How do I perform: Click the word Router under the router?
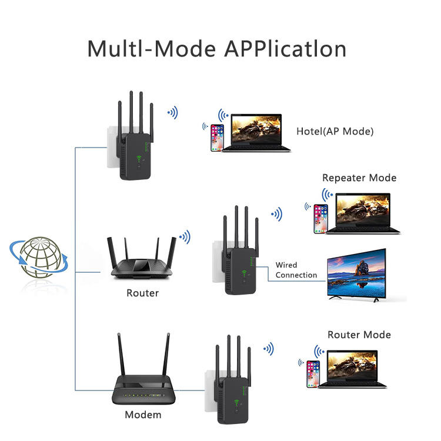coord(142,292)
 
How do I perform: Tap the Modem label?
coord(142,415)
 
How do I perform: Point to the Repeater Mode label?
coord(359,178)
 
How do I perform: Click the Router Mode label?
coord(359,335)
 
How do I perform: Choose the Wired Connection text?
coord(296,270)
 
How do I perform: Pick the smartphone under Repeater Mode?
coord(320,219)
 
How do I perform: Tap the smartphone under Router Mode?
coord(313,374)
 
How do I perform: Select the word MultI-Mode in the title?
coord(152,48)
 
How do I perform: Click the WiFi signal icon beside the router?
coord(185,237)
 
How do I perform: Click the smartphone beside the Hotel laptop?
coord(218,138)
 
